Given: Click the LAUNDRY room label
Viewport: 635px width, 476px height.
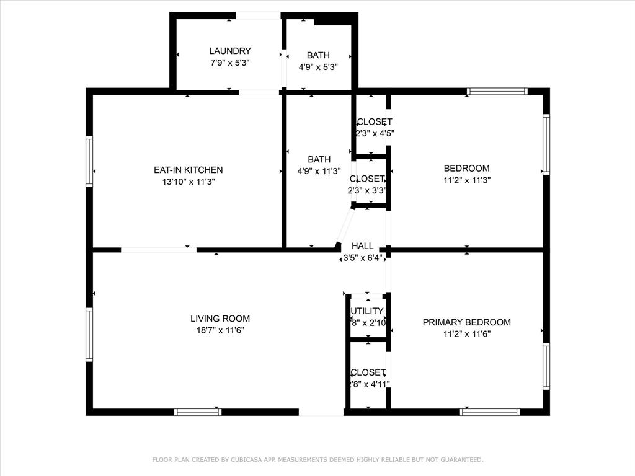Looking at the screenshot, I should pyautogui.click(x=229, y=51).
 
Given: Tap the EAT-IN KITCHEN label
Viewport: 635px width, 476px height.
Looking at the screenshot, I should pyautogui.click(x=188, y=170).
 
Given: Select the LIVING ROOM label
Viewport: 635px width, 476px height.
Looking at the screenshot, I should pyautogui.click(x=220, y=319).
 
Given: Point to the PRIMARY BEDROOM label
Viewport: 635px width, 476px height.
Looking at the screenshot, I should pyautogui.click(x=466, y=322).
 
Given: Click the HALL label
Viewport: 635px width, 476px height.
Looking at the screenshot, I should pyautogui.click(x=362, y=246).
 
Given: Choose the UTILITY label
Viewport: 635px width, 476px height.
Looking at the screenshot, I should pyautogui.click(x=367, y=311).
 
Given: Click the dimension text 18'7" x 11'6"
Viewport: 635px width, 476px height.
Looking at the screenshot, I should pyautogui.click(x=220, y=330).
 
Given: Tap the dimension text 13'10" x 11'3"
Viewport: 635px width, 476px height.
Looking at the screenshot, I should pyautogui.click(x=188, y=182).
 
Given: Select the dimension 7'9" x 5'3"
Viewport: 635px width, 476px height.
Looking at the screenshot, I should pyautogui.click(x=229, y=63).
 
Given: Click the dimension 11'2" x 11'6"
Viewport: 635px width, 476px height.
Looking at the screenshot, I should pyautogui.click(x=466, y=334).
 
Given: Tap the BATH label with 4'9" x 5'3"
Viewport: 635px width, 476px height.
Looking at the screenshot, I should pyautogui.click(x=317, y=55).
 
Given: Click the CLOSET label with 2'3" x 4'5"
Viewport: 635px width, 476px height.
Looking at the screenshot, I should pyautogui.click(x=375, y=121).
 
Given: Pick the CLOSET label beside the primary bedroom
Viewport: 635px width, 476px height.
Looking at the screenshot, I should pyautogui.click(x=368, y=372).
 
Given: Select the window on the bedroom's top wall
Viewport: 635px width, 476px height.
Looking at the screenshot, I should pyautogui.click(x=497, y=92).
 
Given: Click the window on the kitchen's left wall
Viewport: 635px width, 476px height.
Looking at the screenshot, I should pyautogui.click(x=89, y=161).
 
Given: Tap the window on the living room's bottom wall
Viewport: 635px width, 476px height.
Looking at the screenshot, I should pyautogui.click(x=198, y=412).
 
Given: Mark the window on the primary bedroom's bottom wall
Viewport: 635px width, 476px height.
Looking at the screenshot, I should pyautogui.click(x=489, y=412).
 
